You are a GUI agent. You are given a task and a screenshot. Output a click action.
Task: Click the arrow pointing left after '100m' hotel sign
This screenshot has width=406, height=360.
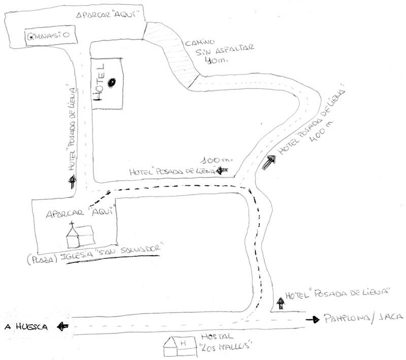tap(222, 172)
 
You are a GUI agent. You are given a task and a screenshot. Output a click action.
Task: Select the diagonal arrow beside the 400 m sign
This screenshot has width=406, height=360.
tap(269, 162)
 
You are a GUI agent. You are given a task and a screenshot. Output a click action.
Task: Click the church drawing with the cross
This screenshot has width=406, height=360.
tap(80, 235)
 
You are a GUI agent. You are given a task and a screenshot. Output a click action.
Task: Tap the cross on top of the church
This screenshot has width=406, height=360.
tap(72, 223)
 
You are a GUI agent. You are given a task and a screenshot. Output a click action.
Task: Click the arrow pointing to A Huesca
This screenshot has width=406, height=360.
tap(63, 326)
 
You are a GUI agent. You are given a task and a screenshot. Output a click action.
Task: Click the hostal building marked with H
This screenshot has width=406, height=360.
tap(178, 346)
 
